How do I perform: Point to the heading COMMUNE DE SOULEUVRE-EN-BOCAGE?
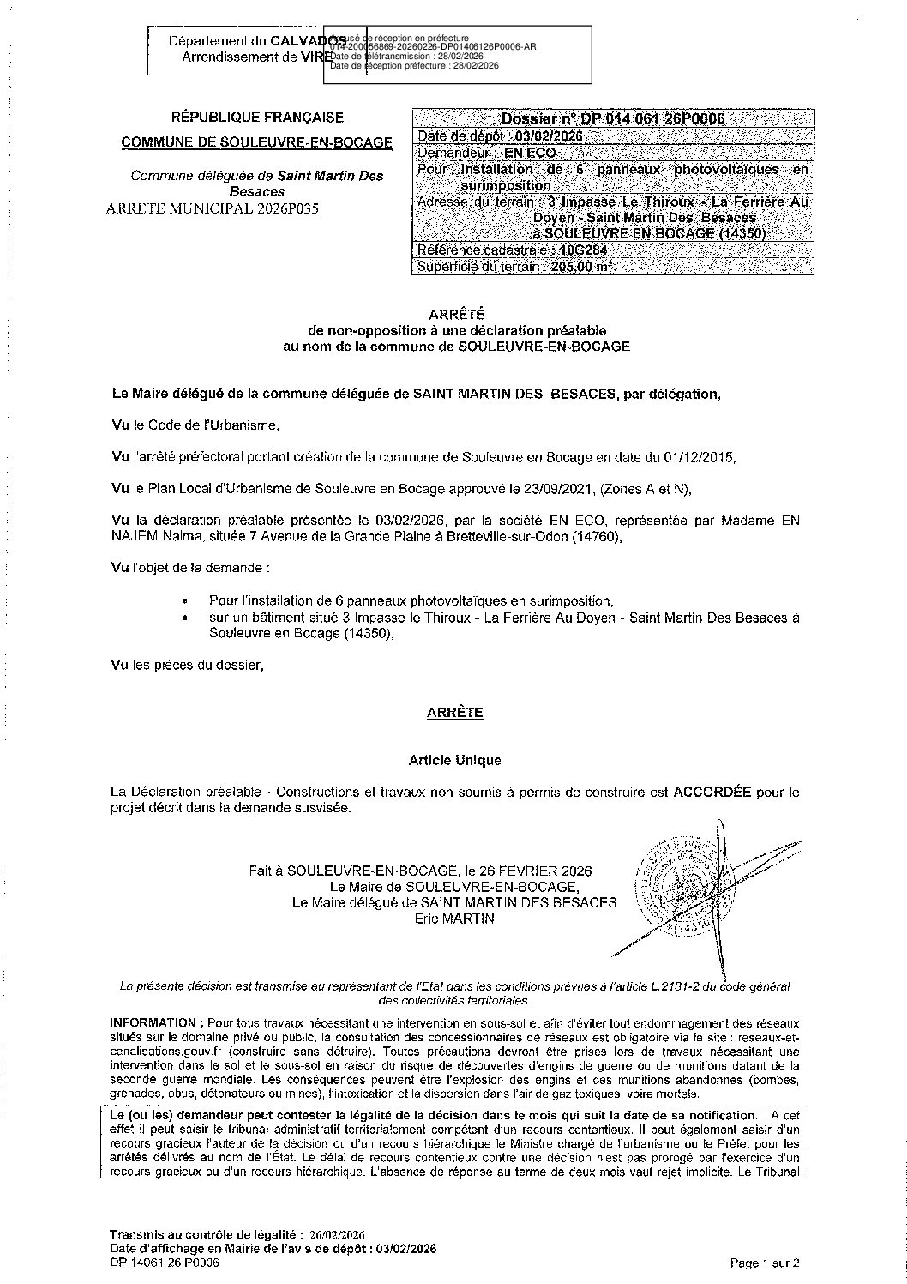pos(257,142)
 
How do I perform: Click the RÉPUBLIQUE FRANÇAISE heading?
pos(257,118)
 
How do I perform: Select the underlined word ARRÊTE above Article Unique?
pos(454,713)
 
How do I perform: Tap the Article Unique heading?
pos(454,760)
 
